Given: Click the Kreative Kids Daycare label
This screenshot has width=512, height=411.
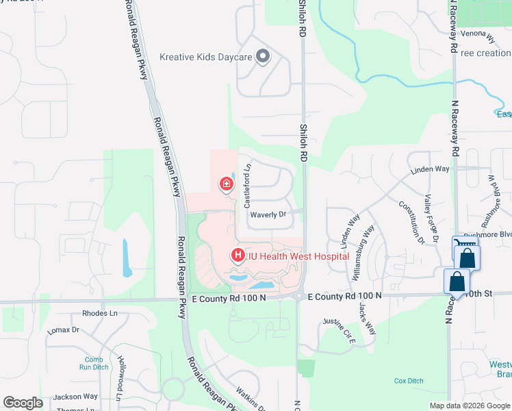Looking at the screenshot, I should pyautogui.click(x=206, y=57).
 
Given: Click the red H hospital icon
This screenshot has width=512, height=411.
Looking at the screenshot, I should pyautogui.click(x=238, y=256).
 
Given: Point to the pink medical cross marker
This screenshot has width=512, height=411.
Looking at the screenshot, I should pyautogui.click(x=225, y=183).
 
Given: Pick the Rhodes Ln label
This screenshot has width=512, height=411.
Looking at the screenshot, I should pyautogui.click(x=100, y=313).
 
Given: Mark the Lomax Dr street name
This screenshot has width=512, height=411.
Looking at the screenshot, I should pyautogui.click(x=63, y=330).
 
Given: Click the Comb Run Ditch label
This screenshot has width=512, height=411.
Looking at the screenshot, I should pyautogui.click(x=94, y=364).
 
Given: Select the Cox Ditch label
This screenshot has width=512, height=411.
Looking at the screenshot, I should pyautogui.click(x=409, y=380).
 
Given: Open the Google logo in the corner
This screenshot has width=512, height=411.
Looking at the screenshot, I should pyautogui.click(x=23, y=402).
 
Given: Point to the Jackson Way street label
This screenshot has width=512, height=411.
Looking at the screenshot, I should pyautogui.click(x=75, y=397).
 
